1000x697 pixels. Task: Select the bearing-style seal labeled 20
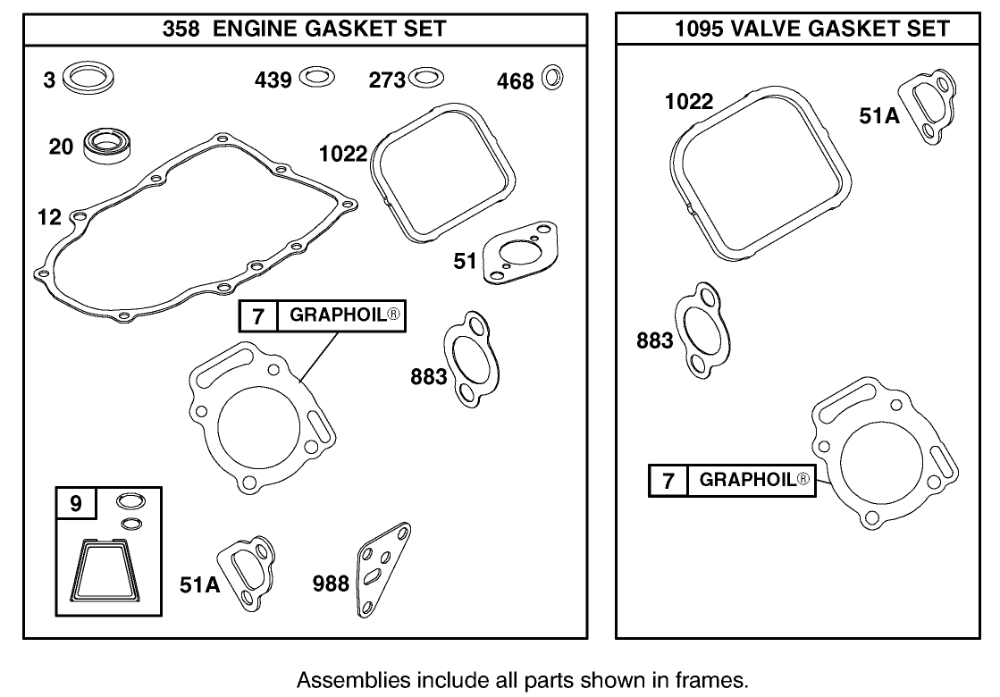point(105,146)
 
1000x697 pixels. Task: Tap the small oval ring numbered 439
point(317,78)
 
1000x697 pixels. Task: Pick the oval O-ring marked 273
point(425,78)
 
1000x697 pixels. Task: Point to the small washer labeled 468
point(553,79)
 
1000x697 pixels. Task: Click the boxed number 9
point(76,504)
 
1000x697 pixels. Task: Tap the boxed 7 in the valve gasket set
point(668,480)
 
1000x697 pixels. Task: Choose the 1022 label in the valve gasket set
point(688,102)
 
